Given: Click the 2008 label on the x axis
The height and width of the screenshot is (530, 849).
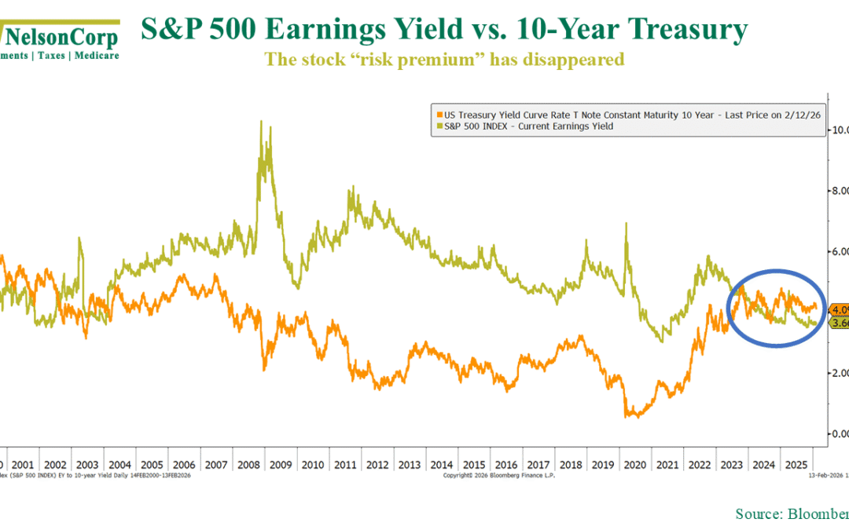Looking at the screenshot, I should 248,464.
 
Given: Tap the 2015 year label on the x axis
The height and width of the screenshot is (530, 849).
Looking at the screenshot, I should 473,464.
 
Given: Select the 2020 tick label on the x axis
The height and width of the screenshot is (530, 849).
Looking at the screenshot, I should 634,464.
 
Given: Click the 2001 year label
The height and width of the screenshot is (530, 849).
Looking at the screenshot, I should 24,464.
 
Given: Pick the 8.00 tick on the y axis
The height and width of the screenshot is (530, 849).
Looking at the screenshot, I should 840,191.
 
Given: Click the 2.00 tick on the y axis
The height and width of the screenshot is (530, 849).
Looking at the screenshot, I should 840,373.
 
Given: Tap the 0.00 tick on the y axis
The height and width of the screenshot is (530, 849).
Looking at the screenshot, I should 840,433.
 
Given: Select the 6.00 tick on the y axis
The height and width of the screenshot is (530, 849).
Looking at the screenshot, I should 840,252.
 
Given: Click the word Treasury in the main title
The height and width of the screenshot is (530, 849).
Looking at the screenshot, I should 677,30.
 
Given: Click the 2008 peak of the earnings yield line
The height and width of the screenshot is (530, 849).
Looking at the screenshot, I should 261,121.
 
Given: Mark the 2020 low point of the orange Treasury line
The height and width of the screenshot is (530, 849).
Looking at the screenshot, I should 634,416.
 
